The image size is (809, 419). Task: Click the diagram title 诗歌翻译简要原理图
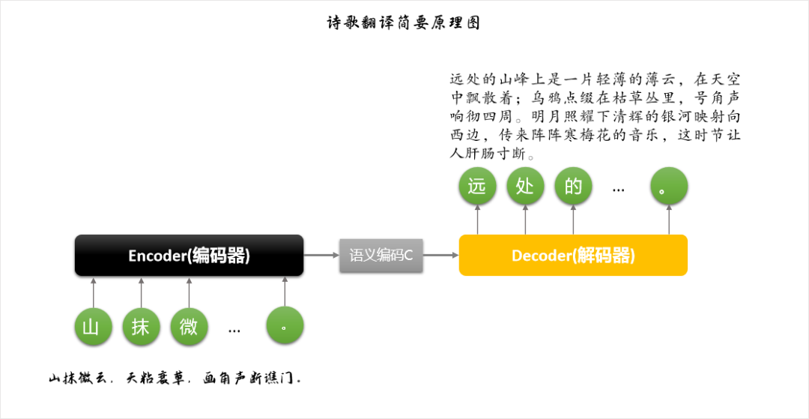[404, 22]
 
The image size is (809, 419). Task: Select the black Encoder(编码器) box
[189, 255]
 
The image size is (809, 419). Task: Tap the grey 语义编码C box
[381, 255]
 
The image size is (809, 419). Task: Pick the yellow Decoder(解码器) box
[573, 255]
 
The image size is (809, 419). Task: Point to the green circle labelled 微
[190, 326]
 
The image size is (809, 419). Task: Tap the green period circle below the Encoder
[285, 326]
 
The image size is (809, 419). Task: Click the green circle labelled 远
[478, 186]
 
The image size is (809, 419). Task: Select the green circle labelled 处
[526, 186]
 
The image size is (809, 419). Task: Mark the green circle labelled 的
[574, 186]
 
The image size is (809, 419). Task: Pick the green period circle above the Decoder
[669, 186]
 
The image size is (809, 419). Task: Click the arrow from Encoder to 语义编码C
[321, 255]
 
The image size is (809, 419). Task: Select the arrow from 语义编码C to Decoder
[441, 255]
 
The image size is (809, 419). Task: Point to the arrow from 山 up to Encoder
[94, 292]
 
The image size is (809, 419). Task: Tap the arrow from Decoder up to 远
[478, 220]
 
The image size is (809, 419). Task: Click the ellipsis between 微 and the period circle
[234, 330]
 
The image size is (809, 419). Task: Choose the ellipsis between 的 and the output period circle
[618, 190]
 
